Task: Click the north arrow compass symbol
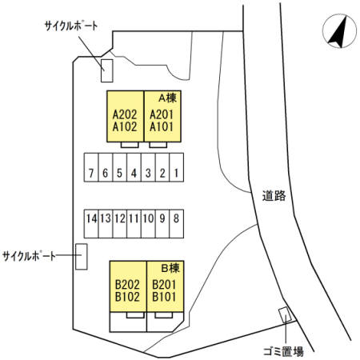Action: click(x=339, y=31)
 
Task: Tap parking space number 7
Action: click(x=91, y=167)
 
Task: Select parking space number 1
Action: click(x=177, y=167)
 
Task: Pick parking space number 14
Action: click(x=91, y=224)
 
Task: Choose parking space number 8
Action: click(x=177, y=224)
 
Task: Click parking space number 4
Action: click(x=134, y=167)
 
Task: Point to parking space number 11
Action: click(x=134, y=224)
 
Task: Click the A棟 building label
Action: click(x=167, y=98)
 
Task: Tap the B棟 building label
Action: click(x=170, y=268)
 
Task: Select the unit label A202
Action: click(x=125, y=114)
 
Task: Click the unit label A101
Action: click(x=162, y=126)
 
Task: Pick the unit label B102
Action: click(x=127, y=297)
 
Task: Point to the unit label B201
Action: click(x=164, y=285)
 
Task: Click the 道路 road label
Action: click(x=274, y=196)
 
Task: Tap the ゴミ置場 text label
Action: click(x=283, y=352)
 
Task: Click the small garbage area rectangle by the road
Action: click(x=285, y=315)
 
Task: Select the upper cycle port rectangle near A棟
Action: click(x=107, y=70)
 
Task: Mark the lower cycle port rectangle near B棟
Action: click(x=82, y=257)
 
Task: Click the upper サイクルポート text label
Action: click(x=71, y=26)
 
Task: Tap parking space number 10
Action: click(x=148, y=224)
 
